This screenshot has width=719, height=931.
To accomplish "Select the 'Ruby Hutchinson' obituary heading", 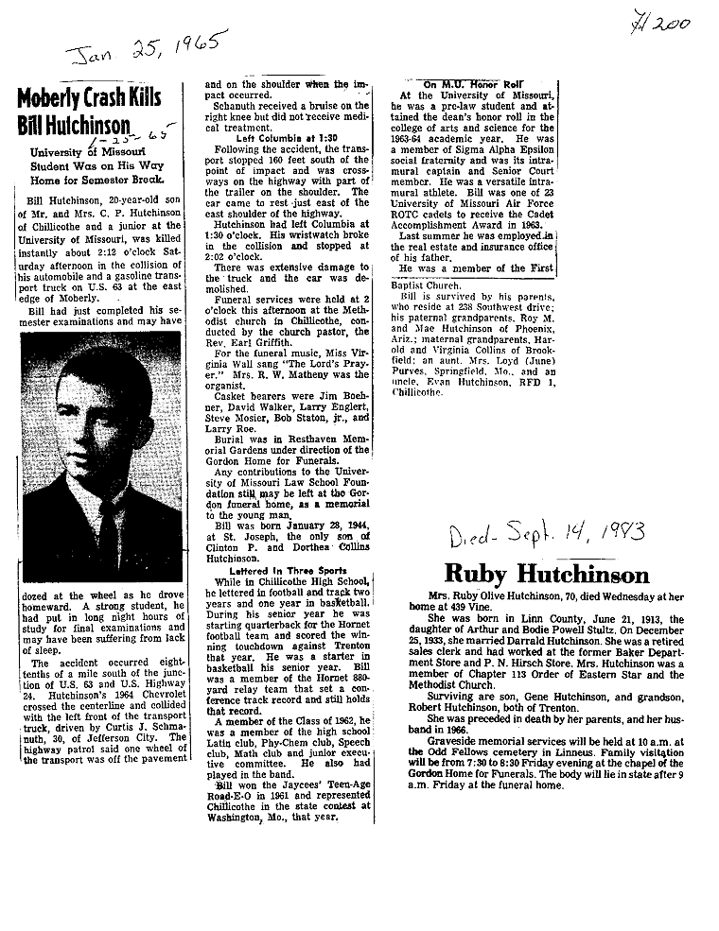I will tap(547, 575).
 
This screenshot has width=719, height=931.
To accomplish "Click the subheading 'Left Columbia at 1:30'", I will tap(261, 138).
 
